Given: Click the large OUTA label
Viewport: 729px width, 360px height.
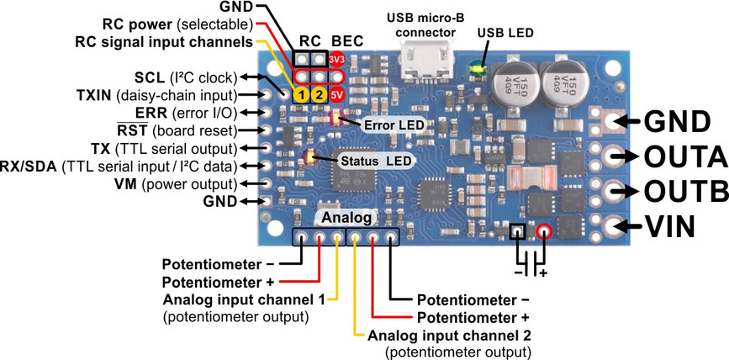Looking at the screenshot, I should (x=684, y=157).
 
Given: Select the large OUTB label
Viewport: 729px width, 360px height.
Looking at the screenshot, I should (x=684, y=191).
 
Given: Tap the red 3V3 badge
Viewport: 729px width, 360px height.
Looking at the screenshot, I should (x=337, y=60).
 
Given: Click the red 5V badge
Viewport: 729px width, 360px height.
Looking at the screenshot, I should (x=336, y=94).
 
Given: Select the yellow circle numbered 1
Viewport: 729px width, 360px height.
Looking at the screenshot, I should (x=300, y=94).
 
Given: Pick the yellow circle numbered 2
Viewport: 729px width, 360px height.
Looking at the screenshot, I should (x=318, y=94).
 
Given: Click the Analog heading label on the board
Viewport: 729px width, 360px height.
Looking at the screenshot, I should (x=344, y=218).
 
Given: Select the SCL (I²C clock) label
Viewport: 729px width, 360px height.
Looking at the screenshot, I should (x=184, y=77).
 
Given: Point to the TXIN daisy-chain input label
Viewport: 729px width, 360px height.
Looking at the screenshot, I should (x=159, y=94).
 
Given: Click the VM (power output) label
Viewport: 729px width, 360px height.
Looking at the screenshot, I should (x=184, y=183).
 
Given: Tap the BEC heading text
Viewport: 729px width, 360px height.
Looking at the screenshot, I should (x=346, y=40).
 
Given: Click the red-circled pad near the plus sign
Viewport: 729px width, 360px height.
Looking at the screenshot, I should (x=543, y=230).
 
